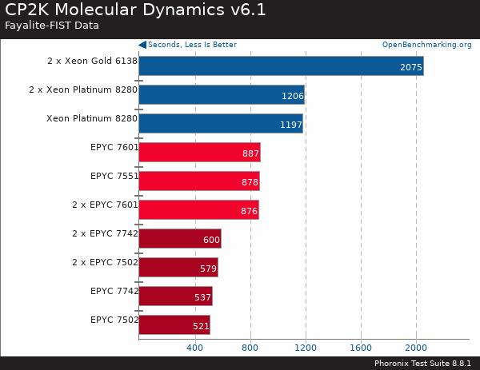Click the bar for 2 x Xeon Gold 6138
pyautogui.click(x=280, y=66)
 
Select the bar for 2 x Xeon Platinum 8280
pyautogui.click(x=221, y=95)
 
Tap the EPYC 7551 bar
pyautogui.click(x=198, y=181)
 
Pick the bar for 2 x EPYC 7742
pyautogui.click(x=179, y=239)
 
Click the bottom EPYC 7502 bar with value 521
pyautogui.click(x=174, y=325)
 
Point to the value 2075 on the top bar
pyautogui.click(x=411, y=67)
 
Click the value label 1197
pyautogui.click(x=291, y=125)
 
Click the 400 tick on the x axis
pyautogui.click(x=194, y=348)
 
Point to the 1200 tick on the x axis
pyautogui.click(x=305, y=348)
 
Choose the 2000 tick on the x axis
pyautogui.click(x=416, y=348)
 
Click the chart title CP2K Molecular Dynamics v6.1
pyautogui.click(x=136, y=10)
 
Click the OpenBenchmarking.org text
pyautogui.click(x=426, y=45)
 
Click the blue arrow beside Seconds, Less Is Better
pyautogui.click(x=142, y=45)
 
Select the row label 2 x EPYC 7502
pyautogui.click(x=105, y=262)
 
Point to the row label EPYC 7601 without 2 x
pyautogui.click(x=114, y=147)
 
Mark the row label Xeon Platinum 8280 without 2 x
pyautogui.click(x=92, y=118)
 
